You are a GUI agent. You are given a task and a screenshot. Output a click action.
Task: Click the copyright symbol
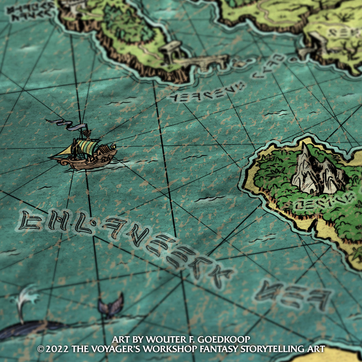(41, 349)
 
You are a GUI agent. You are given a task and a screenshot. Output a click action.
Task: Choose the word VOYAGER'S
(113, 349)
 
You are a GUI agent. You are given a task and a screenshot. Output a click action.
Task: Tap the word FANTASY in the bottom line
(217, 349)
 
